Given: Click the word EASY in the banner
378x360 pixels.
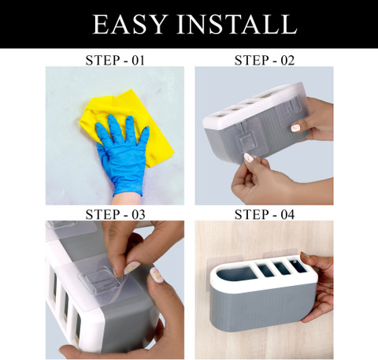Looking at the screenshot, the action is click(130, 24).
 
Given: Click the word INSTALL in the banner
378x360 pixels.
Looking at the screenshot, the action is click(237, 24).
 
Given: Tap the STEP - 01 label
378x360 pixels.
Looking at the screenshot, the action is click(115, 61).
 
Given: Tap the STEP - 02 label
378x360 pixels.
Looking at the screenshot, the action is click(265, 61).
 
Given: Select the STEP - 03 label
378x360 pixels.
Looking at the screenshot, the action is click(115, 214).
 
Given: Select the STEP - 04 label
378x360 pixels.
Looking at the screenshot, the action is click(265, 214).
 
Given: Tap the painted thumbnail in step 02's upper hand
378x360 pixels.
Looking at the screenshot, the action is click(295, 128).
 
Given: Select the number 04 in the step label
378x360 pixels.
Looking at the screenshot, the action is click(287, 214).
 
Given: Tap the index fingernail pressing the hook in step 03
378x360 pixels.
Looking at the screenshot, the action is click(132, 268).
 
